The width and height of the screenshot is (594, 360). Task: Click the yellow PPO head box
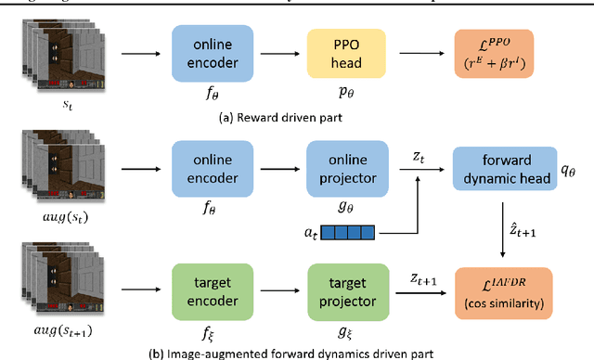[344, 49]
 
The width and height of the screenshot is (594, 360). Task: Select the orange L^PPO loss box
[493, 49]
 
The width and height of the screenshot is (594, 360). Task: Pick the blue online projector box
[344, 162]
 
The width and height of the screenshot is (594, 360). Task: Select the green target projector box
[344, 289]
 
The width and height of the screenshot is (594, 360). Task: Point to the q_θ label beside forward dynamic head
[572, 158]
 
